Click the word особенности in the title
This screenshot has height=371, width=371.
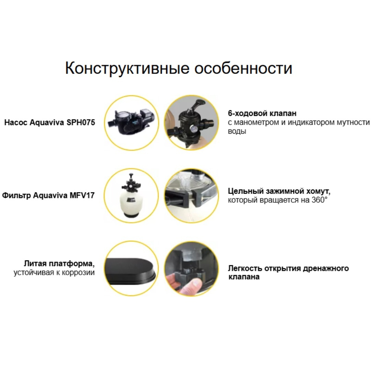(x=244, y=68)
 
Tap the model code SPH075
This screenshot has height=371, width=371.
(x=81, y=123)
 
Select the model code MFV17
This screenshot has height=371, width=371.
(x=82, y=195)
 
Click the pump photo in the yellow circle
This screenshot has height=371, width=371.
(x=131, y=123)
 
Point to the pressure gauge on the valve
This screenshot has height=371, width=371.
(x=193, y=129)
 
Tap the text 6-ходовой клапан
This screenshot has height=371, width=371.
(x=262, y=113)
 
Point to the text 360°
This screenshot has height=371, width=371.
(x=319, y=200)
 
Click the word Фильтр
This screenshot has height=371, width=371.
(x=16, y=195)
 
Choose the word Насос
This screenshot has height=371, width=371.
(x=16, y=123)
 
